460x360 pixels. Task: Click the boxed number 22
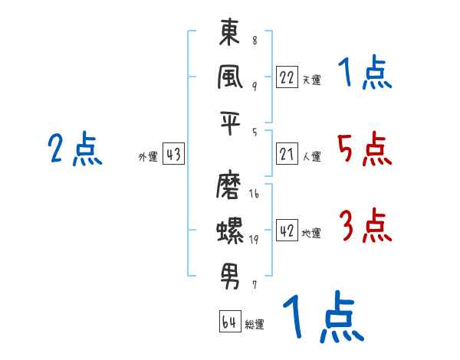tap(287, 77)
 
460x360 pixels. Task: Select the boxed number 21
tap(287, 155)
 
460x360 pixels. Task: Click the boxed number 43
tap(173, 155)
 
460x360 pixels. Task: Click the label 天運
tap(311, 80)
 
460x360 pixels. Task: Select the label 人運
tap(311, 157)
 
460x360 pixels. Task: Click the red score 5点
tap(364, 149)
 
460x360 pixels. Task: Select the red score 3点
tap(364, 227)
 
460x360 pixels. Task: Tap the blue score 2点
tap(74, 149)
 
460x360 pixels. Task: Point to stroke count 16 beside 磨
tap(254, 195)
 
